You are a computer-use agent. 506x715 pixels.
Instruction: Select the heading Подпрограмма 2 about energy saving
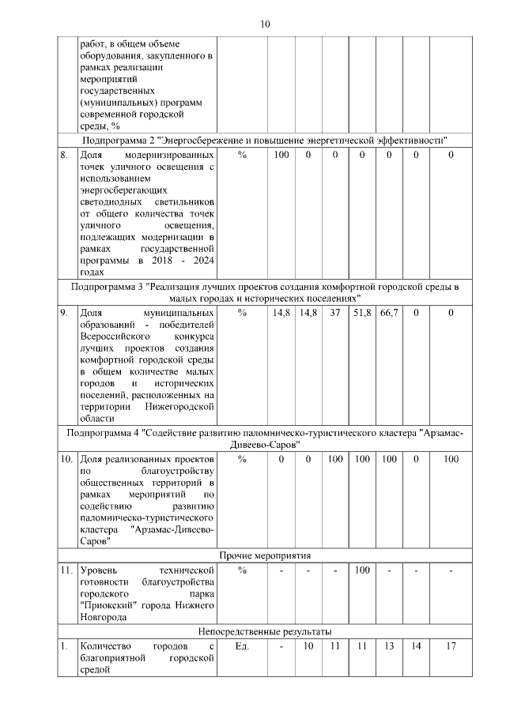[x=265, y=140]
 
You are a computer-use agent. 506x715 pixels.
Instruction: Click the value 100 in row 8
[x=281, y=156]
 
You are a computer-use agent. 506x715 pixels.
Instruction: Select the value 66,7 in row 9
[x=388, y=314]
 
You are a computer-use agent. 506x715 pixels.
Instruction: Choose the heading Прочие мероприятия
[x=265, y=555]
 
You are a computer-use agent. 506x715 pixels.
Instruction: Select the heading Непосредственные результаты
[x=265, y=631]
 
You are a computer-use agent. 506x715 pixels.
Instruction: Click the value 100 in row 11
[x=362, y=570]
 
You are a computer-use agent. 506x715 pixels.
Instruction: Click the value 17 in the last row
[x=451, y=646]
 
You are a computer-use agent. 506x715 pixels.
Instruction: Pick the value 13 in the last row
[x=388, y=646]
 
